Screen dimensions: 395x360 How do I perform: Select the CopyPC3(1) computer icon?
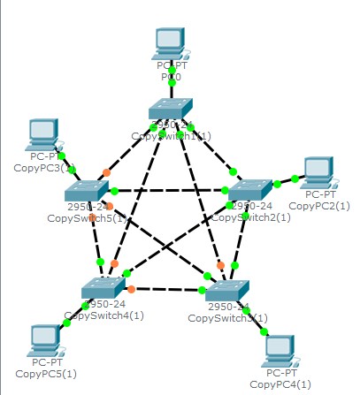point(42,135)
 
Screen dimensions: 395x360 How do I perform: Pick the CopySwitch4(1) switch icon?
point(104,288)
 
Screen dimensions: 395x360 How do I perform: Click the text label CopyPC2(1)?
point(319,205)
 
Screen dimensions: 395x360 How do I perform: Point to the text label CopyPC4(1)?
point(281,384)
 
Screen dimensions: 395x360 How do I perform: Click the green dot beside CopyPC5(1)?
point(66,323)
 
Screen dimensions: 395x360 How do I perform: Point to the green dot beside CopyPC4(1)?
point(262,330)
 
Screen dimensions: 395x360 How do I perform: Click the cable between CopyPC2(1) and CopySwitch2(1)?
point(285,183)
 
